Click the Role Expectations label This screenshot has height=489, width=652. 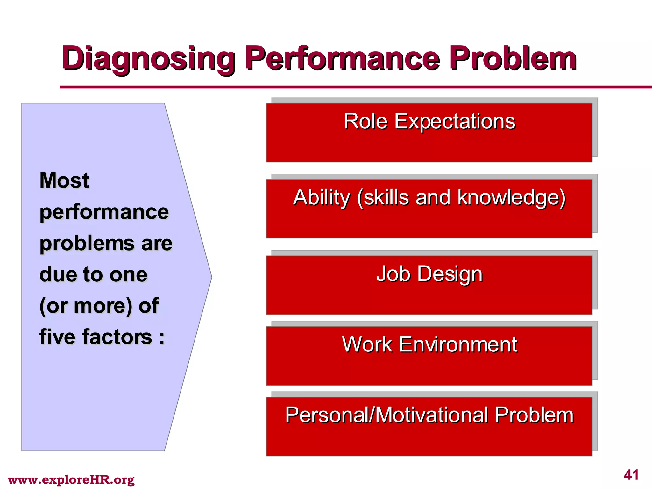pyautogui.click(x=429, y=122)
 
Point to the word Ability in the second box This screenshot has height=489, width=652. pyautogui.click(x=322, y=198)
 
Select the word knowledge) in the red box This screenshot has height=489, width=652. pyautogui.click(x=511, y=198)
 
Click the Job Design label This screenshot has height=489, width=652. pyautogui.click(x=429, y=274)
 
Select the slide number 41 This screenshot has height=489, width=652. pyautogui.click(x=631, y=475)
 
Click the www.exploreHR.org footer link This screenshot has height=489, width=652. pyautogui.click(x=71, y=480)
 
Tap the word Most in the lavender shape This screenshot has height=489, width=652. pyautogui.click(x=64, y=180)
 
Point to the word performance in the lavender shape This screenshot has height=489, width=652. pyautogui.click(x=104, y=212)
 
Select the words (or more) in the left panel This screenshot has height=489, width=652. pyautogui.click(x=85, y=306)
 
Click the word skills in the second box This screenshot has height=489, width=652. pyautogui.click(x=386, y=198)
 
